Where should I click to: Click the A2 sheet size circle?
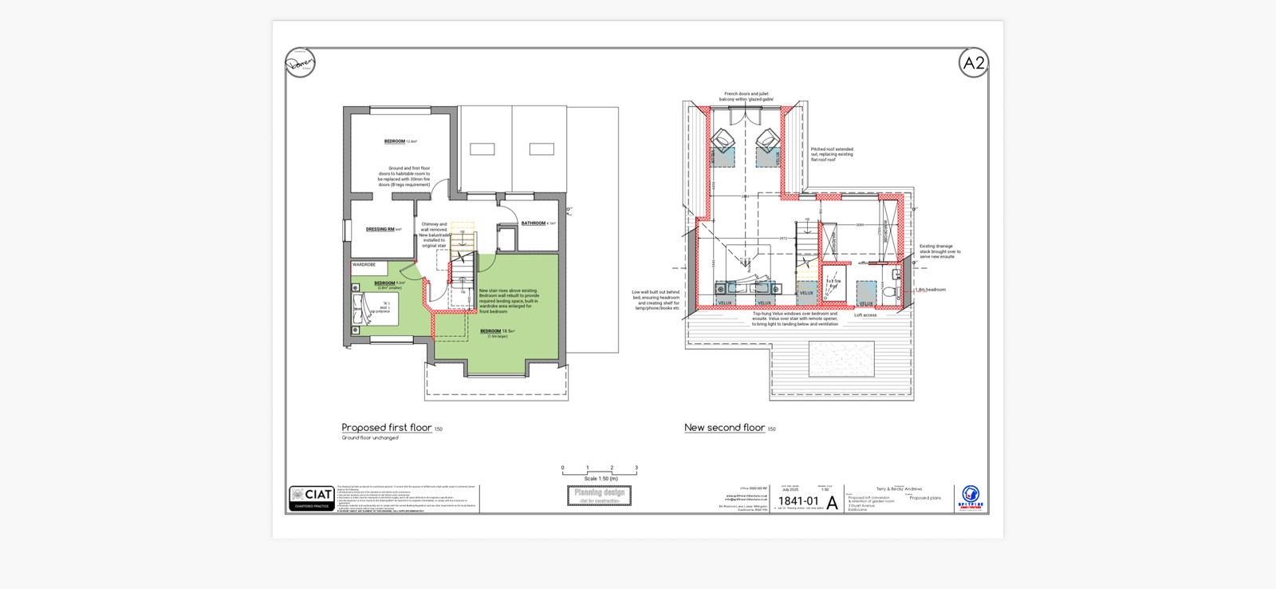(974, 63)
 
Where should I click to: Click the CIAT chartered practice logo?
(312, 498)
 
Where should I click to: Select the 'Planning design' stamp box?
(600, 496)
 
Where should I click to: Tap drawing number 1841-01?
(798, 501)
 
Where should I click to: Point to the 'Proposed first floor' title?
(387, 428)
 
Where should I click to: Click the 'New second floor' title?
(724, 428)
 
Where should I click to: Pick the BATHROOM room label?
(534, 223)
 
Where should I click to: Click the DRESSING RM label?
(380, 229)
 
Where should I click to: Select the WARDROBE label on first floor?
(364, 264)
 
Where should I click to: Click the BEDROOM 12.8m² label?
(396, 141)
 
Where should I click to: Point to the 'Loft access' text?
(865, 315)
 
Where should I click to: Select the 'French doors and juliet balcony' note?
(746, 97)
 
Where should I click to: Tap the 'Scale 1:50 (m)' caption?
(601, 479)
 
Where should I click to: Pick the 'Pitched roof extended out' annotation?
(832, 154)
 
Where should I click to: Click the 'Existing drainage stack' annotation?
(939, 251)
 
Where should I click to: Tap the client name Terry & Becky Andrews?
(899, 489)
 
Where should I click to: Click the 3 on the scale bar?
(636, 468)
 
